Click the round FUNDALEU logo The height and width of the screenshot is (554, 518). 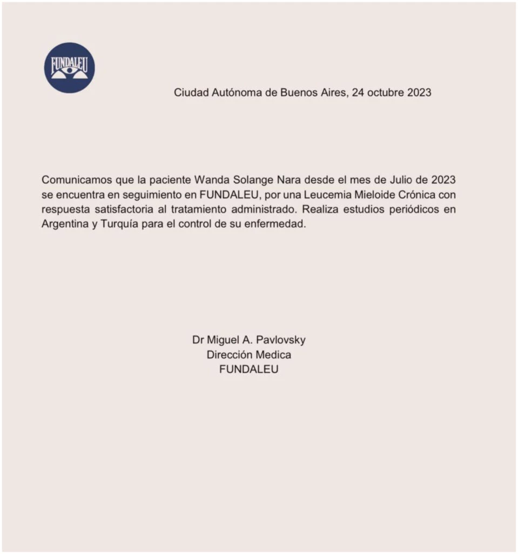69,68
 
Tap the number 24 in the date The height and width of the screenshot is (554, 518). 358,93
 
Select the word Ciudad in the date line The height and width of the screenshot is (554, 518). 190,93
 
